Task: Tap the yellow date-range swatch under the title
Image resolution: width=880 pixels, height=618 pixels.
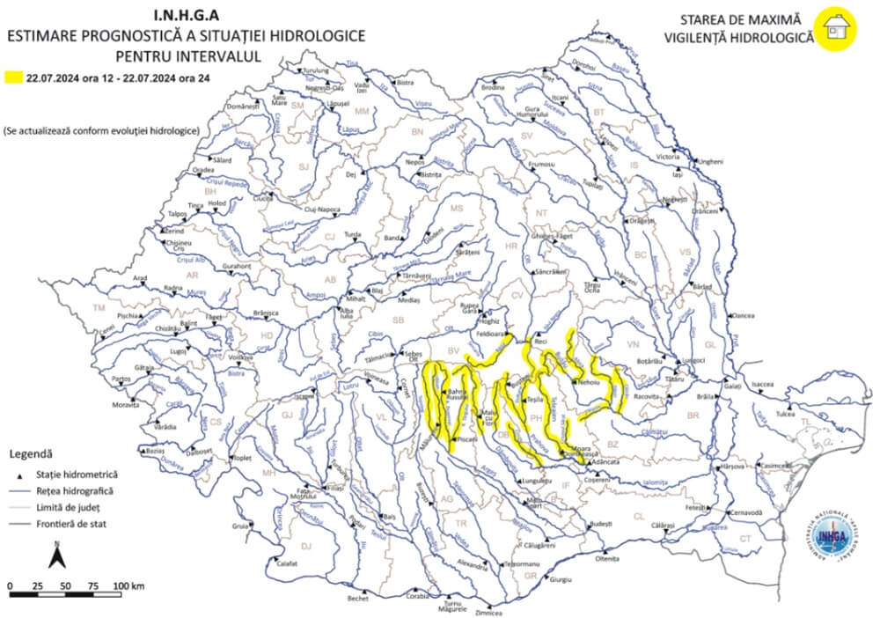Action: coord(12,77)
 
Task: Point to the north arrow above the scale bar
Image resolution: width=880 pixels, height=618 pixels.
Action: coord(54,556)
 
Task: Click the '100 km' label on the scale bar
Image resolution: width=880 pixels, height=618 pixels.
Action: coord(129,585)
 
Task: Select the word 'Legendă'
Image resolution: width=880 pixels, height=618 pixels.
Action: coord(32,454)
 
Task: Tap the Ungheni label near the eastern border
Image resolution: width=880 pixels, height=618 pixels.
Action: coord(709,162)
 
